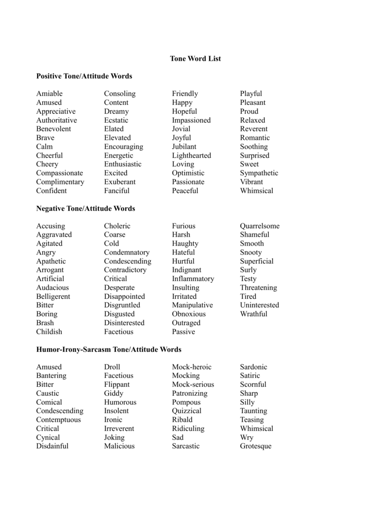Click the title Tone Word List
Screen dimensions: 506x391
point(195,58)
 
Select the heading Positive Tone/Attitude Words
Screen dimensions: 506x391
point(84,76)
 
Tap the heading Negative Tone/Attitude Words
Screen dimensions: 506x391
point(86,209)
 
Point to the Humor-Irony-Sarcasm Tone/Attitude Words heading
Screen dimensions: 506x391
point(109,349)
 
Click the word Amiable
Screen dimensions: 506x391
point(49,93)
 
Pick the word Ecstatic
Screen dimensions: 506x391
point(116,120)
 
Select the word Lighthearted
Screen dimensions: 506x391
point(191,155)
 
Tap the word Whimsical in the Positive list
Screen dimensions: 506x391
point(257,191)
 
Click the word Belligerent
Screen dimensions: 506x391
point(53,296)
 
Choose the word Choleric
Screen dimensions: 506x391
point(117,226)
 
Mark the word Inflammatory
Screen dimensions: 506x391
point(193,279)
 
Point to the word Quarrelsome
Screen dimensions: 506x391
point(260,226)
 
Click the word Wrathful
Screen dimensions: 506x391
point(254,314)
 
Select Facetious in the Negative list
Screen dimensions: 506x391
point(119,332)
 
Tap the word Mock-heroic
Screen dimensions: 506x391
point(191,367)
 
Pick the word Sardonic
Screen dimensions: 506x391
point(254,367)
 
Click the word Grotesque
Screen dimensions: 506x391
point(256,446)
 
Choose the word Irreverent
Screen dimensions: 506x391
point(119,428)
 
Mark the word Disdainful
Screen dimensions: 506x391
point(52,446)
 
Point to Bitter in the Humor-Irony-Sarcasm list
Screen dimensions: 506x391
point(45,384)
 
